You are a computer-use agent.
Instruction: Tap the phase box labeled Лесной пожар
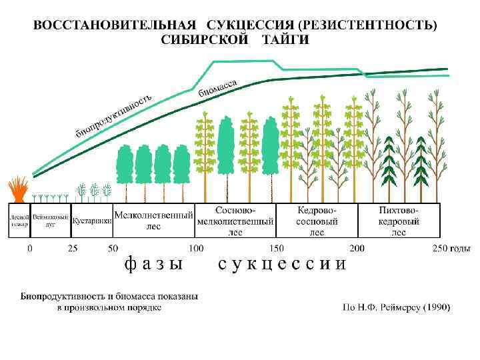point(18,221)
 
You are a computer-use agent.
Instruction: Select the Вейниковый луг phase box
point(50,221)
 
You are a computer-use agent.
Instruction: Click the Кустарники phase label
point(91,221)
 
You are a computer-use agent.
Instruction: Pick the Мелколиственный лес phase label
point(153,221)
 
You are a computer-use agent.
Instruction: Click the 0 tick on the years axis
point(29,249)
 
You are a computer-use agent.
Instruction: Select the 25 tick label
point(72,249)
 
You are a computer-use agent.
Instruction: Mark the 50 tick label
point(113,249)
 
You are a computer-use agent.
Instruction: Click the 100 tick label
point(196,249)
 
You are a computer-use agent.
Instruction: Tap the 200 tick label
point(357,249)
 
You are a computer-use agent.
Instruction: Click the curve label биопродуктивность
point(113,113)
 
